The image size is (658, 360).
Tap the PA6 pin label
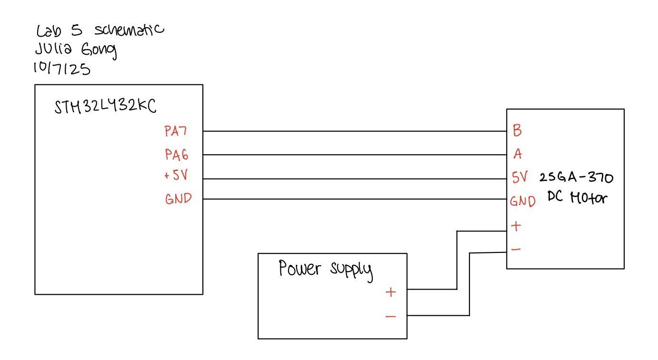pos(177,155)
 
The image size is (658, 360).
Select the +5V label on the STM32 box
pos(176,176)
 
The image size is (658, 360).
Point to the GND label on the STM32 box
pos(179,199)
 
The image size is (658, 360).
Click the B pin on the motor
pos(517,130)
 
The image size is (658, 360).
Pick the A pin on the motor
pos(518,154)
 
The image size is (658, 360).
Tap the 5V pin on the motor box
pos(520,178)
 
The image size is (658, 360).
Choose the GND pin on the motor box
pos(523,201)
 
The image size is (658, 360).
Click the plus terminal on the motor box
pos(516,226)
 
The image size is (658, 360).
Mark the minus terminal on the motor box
pos(516,249)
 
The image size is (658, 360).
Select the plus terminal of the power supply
pos(390,292)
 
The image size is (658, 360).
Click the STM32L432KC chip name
pos(105,107)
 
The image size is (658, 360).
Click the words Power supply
pos(325,269)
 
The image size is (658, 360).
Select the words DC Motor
pos(577,197)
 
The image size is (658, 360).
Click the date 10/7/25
pos(61,69)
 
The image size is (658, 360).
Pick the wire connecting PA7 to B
pos(355,131)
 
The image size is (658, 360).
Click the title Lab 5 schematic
pos(100,30)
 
